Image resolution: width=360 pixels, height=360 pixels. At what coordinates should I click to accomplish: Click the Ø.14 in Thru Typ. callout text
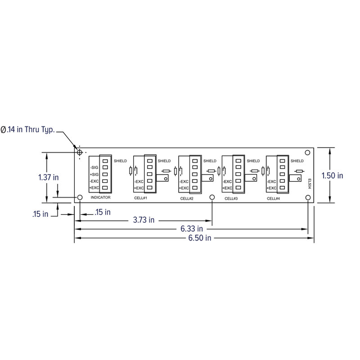point(27,130)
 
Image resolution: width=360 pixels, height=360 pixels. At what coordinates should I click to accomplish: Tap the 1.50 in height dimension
point(334,175)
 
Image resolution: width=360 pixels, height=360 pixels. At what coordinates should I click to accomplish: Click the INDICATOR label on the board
point(100,198)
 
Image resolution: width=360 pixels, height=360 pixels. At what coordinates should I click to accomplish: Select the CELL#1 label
point(141,198)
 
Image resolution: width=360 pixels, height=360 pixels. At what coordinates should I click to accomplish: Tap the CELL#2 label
point(187,198)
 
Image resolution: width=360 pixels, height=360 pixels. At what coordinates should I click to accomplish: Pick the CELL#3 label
point(231,198)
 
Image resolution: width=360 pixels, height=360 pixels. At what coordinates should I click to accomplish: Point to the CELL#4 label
point(274,198)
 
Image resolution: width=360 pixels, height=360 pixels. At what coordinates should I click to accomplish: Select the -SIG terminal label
point(94,167)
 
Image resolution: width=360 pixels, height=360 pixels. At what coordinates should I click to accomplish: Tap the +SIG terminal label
point(94,174)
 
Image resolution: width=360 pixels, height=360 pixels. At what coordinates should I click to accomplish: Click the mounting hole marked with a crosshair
point(80,153)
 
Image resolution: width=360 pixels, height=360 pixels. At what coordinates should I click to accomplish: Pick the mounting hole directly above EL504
point(308,153)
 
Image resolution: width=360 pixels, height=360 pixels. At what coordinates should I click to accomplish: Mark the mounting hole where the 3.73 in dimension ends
point(212,198)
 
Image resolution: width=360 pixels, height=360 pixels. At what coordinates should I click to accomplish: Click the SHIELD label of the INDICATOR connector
point(120,161)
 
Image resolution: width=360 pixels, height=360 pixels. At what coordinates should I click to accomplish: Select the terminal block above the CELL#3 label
point(238,174)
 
